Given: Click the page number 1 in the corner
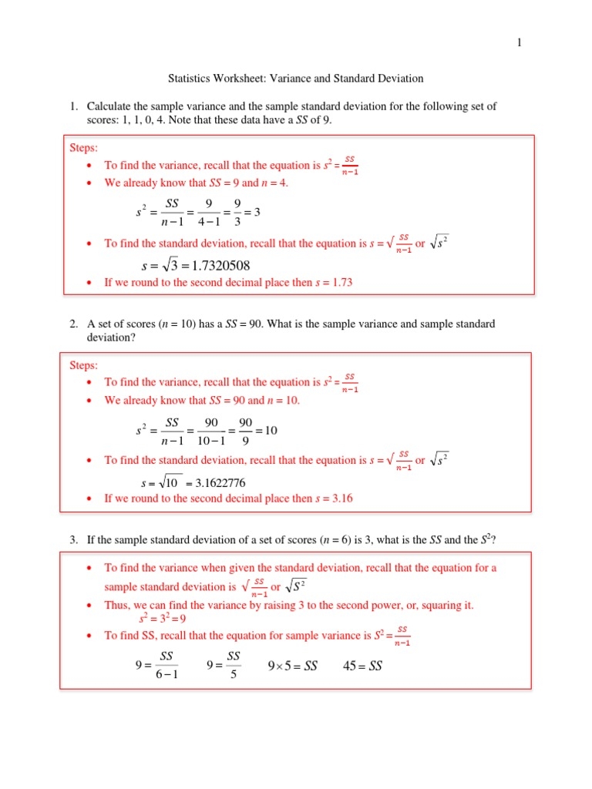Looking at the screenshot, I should click(520, 43).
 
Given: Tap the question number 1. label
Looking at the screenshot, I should click(74, 106).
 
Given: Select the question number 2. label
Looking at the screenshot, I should click(74, 324).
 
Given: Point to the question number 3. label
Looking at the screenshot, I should click(74, 539).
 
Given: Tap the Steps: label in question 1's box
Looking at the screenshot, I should click(84, 147).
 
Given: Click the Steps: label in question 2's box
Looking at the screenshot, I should click(84, 364).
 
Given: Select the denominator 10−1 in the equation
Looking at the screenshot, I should click(212, 442).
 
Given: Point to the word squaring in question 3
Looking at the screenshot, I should click(437, 605).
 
